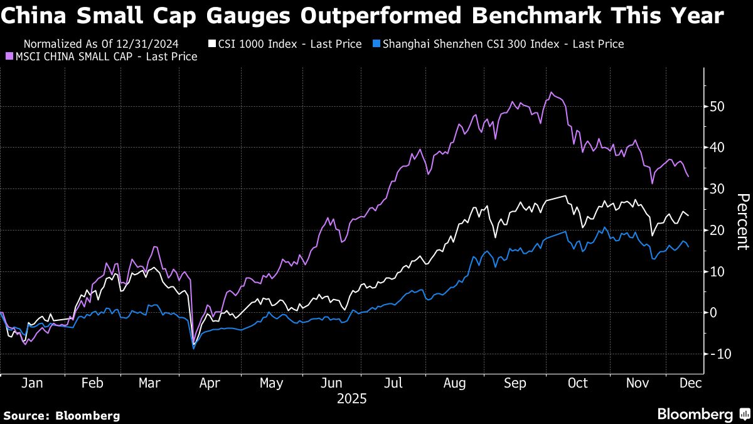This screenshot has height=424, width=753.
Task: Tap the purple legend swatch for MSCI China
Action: [x=9, y=57]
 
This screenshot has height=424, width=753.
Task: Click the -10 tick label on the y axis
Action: [x=718, y=354]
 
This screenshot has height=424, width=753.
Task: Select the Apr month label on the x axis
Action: [x=210, y=383]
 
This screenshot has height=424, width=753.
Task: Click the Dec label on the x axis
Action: [x=690, y=383]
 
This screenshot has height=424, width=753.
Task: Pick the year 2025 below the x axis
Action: [x=351, y=398]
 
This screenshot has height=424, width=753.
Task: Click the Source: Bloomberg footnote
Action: [x=61, y=415]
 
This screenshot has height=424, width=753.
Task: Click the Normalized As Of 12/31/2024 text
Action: [x=100, y=44]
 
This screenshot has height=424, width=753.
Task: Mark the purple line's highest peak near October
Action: [x=551, y=92]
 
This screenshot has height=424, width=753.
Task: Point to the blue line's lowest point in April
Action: [x=193, y=348]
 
